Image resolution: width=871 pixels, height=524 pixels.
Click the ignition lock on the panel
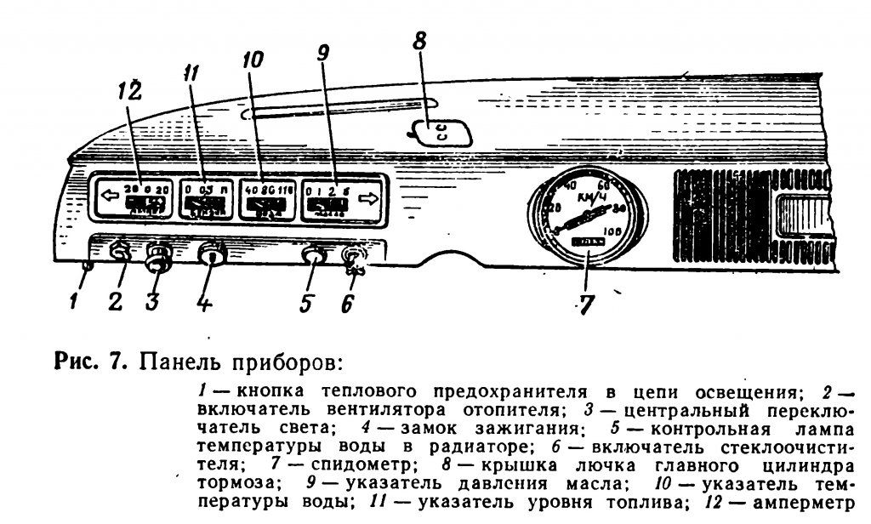point(212,255)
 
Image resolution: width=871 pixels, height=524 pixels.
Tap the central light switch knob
point(157,258)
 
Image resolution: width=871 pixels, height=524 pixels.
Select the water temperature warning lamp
point(313,255)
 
